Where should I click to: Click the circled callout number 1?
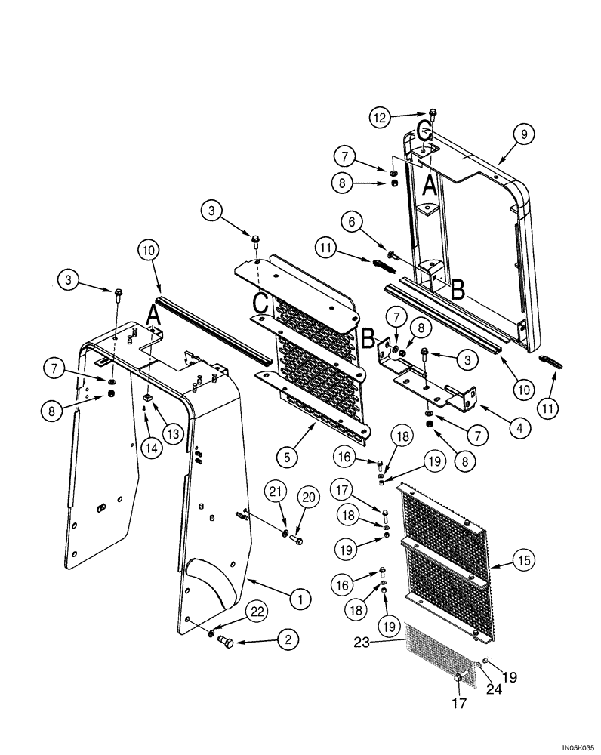300,599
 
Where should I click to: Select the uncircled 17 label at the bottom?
458,704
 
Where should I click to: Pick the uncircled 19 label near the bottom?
510,676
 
